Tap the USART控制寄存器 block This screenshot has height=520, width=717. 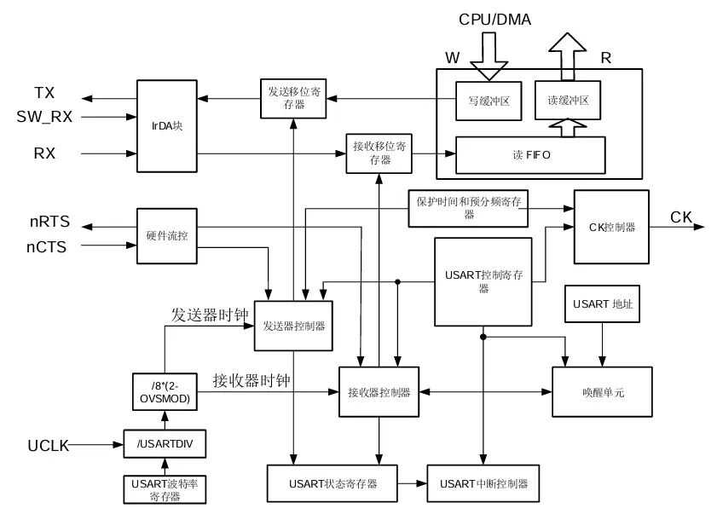click(483, 281)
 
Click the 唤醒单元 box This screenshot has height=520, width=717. click(603, 391)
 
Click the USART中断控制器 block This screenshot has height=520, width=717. click(483, 483)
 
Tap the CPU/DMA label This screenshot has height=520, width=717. click(494, 19)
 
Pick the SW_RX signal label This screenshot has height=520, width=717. click(44, 116)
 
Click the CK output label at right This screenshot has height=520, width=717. click(680, 217)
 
